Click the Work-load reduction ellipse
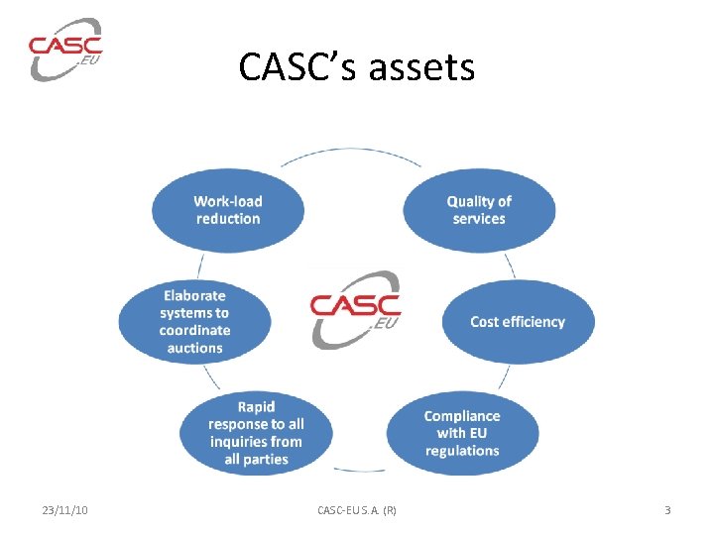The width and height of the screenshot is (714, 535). (x=228, y=210)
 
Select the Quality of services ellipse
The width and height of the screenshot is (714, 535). (x=479, y=210)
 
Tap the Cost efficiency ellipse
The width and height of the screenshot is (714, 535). (x=518, y=322)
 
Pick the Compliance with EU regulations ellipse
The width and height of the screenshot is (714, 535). (x=462, y=433)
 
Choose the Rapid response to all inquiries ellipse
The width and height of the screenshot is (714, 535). (x=256, y=433)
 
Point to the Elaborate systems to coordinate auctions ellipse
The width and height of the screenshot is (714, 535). (x=194, y=321)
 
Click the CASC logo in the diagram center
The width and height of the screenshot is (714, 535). (x=355, y=308)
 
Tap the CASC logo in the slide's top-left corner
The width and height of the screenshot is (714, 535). (x=65, y=49)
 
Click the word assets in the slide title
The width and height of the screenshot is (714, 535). (x=420, y=67)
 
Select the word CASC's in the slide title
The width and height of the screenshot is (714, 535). (x=297, y=67)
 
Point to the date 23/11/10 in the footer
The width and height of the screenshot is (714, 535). (x=65, y=510)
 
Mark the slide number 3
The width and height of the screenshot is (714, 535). (x=667, y=510)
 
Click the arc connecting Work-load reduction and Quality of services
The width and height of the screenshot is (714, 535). (x=352, y=153)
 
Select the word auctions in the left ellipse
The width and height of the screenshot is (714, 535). (x=194, y=348)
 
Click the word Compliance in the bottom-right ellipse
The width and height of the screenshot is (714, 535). (x=462, y=416)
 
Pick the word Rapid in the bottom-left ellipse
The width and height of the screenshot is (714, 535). (x=256, y=407)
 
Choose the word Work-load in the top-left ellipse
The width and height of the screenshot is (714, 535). (x=228, y=201)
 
